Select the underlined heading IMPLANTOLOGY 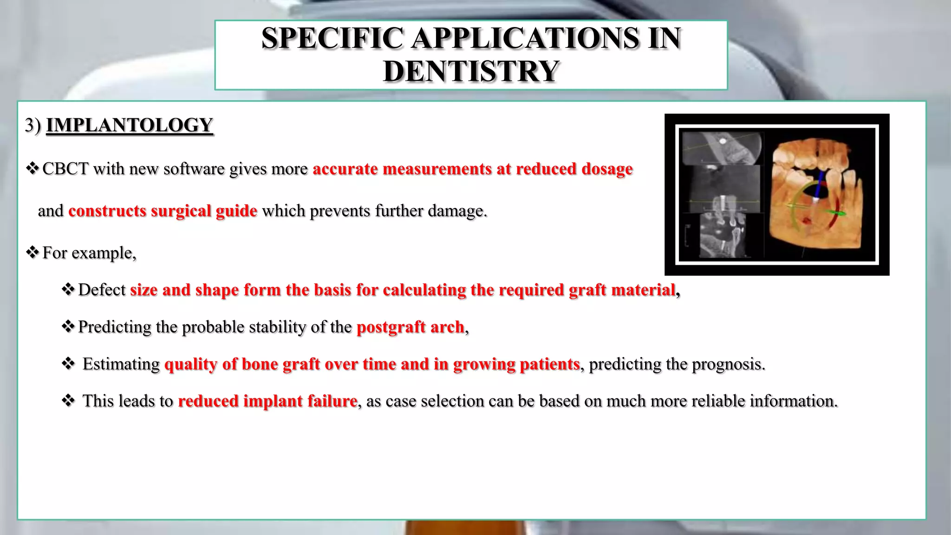pos(130,125)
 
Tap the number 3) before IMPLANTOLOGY pos(33,125)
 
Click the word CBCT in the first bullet pos(65,169)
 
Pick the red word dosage pos(607,169)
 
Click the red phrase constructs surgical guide pos(163,211)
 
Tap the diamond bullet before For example pos(32,253)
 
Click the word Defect pos(102,290)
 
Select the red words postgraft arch pos(410,327)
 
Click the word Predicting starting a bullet pos(114,327)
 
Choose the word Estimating pos(121,364)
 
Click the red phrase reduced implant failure pos(267,401)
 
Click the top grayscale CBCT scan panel pos(723,149)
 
